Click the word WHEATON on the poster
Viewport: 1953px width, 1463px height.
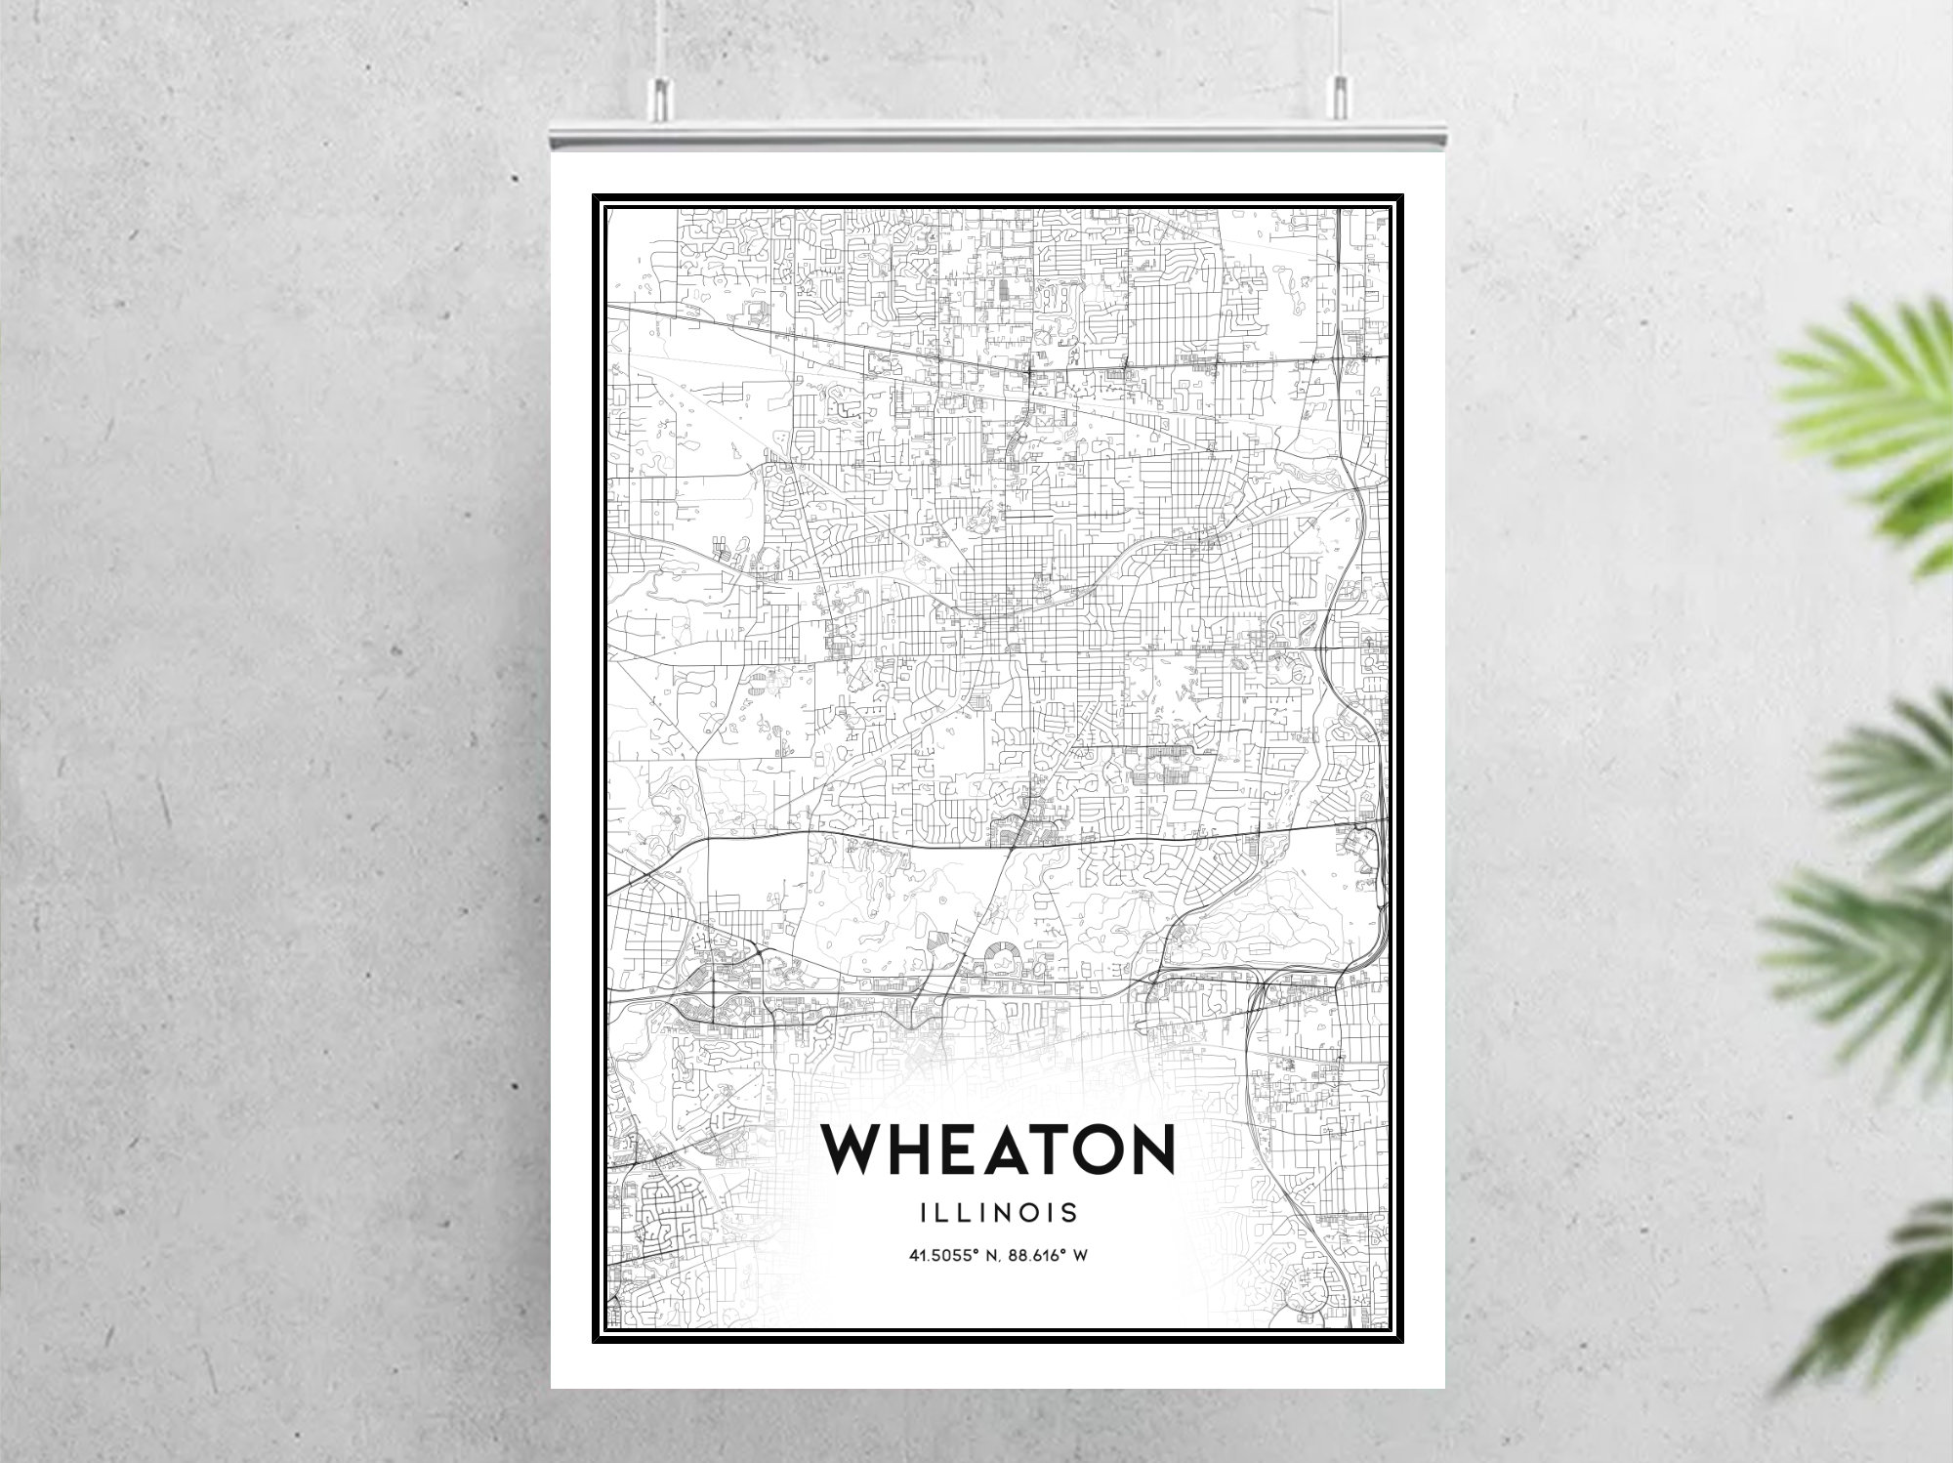click(x=997, y=1149)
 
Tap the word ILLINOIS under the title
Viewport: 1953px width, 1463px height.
click(x=998, y=1213)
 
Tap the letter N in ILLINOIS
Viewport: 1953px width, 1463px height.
click(x=1012, y=1213)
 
